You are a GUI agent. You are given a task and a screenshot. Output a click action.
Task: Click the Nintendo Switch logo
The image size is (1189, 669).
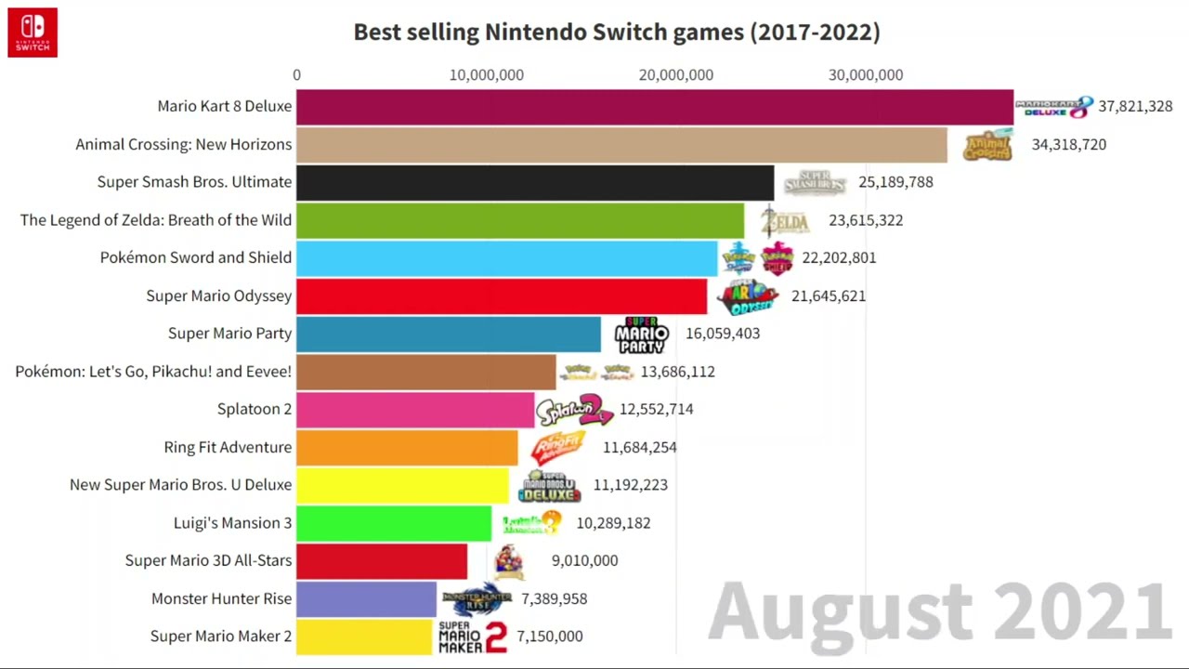[x=33, y=33]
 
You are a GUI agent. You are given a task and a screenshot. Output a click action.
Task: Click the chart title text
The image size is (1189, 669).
[x=616, y=32]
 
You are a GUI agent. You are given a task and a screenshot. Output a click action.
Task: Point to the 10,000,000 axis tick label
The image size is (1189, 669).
[x=486, y=75]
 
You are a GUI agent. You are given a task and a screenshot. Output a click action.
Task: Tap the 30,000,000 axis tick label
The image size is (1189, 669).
[x=865, y=75]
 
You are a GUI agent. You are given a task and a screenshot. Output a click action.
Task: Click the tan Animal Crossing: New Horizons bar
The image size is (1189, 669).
[x=621, y=145]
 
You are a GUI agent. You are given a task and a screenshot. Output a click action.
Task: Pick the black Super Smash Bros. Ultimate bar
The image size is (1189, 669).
[x=534, y=182]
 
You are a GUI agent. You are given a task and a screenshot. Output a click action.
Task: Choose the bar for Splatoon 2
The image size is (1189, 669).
[x=415, y=409]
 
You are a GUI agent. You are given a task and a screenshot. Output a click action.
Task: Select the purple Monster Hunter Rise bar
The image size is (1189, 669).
[x=366, y=598]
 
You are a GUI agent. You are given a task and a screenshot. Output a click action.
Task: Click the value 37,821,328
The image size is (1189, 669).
[x=1135, y=106]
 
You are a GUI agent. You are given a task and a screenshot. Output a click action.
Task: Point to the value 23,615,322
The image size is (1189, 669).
[x=866, y=220]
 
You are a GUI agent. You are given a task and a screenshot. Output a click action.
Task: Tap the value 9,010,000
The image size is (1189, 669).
[x=584, y=560]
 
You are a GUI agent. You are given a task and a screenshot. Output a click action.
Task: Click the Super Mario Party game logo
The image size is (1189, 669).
[x=641, y=334]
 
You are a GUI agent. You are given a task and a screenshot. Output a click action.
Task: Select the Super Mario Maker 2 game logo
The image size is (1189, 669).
[x=473, y=636]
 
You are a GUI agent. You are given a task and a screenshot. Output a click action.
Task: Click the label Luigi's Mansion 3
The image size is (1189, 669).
[x=232, y=522]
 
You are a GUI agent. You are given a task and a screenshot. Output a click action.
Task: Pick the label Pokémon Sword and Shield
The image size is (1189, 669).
[x=195, y=257]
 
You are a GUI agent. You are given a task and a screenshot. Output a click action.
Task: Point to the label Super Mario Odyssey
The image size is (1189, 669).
[x=218, y=295]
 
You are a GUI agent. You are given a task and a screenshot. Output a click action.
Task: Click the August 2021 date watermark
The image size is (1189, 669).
[x=938, y=611]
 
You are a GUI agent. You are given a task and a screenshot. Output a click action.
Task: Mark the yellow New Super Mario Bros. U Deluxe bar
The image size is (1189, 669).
[x=402, y=485]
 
